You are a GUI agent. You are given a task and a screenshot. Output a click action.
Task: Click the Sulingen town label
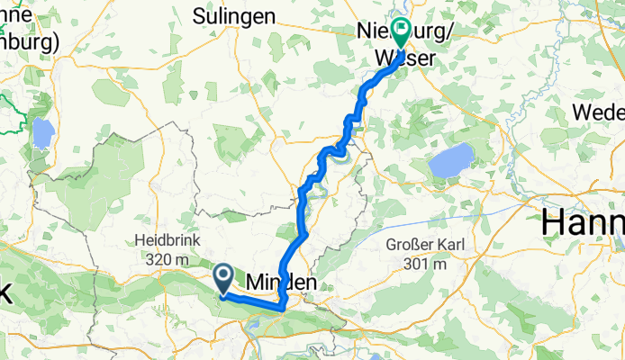[233, 15]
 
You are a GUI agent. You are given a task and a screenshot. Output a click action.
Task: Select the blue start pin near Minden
[222, 276]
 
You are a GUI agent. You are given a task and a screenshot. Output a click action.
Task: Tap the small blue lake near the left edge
[42, 135]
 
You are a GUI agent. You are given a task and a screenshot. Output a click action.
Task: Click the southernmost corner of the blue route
[282, 309]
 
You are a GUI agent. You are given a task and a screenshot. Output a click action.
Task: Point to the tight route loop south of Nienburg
[337, 150]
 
